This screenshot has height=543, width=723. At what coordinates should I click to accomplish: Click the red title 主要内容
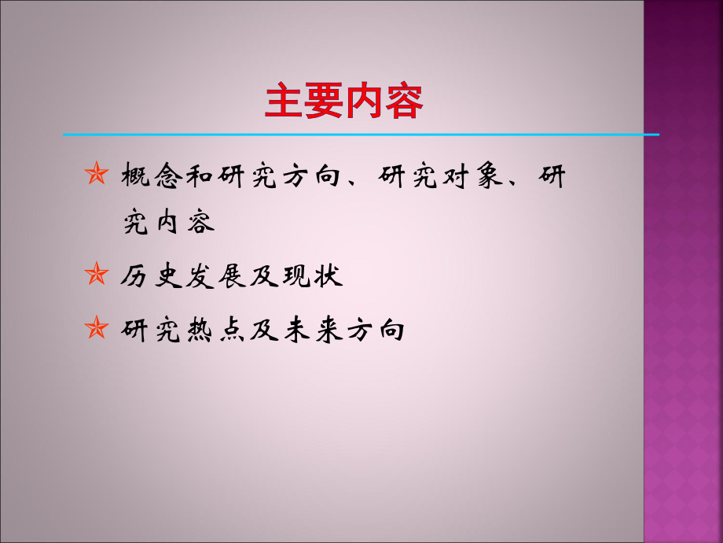(344, 102)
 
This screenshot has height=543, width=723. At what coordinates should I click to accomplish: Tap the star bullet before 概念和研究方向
(96, 175)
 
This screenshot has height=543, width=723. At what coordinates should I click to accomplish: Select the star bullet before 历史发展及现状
(96, 276)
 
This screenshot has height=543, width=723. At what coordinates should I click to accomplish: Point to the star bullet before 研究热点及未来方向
(96, 328)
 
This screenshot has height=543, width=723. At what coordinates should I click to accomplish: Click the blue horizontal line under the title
(361, 135)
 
